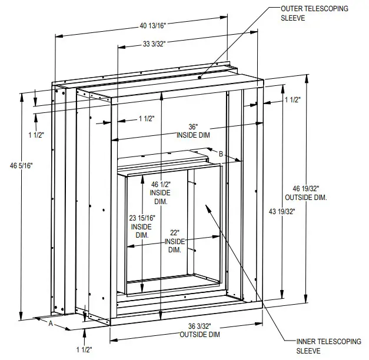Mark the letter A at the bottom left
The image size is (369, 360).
[50, 324]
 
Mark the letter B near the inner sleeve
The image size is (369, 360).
[220, 154]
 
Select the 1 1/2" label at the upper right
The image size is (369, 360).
[292, 101]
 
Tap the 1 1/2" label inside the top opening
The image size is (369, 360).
[146, 119]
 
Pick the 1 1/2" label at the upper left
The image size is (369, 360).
[36, 135]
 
